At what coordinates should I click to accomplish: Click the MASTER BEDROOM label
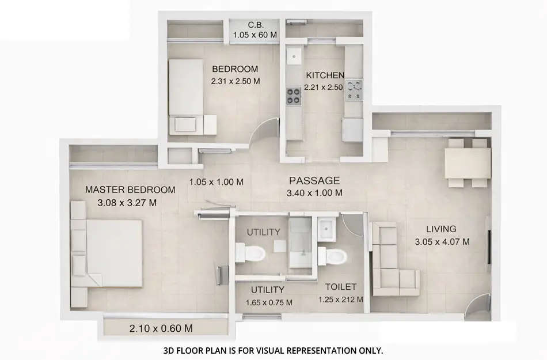pos(130,190)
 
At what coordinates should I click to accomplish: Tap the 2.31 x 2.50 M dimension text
pos(235,81)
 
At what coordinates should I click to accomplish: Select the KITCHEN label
pos(325,75)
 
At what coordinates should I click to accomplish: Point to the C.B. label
pos(256,25)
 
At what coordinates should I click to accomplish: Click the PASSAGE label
pos(314,180)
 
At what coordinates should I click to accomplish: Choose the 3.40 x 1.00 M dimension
pos(314,193)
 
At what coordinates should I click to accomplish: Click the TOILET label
pos(341,286)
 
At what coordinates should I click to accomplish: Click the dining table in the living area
pos(468,162)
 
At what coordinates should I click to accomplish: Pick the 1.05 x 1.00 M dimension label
pos(216,182)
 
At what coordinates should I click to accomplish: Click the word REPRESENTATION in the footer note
pos(322,350)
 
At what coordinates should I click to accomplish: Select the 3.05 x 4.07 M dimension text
pos(442,242)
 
